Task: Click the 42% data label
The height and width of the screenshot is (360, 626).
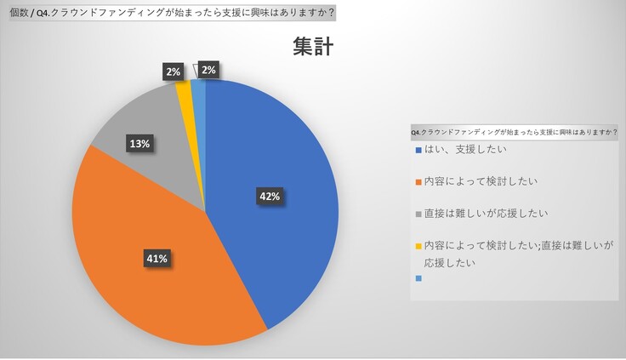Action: (x=269, y=196)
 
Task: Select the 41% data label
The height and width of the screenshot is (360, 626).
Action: (x=156, y=257)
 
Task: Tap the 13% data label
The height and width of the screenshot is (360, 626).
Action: (x=139, y=144)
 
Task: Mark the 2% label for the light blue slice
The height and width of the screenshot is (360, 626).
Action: (x=208, y=70)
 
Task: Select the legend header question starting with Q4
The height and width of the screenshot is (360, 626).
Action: (x=514, y=133)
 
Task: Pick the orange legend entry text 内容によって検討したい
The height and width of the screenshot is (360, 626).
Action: (x=481, y=181)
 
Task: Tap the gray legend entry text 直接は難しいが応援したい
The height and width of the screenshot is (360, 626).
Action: (x=486, y=213)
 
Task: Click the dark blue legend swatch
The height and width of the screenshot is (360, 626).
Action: (x=418, y=151)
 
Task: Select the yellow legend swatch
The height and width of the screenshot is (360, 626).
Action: (x=418, y=245)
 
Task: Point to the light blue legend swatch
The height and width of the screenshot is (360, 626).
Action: (x=418, y=278)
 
